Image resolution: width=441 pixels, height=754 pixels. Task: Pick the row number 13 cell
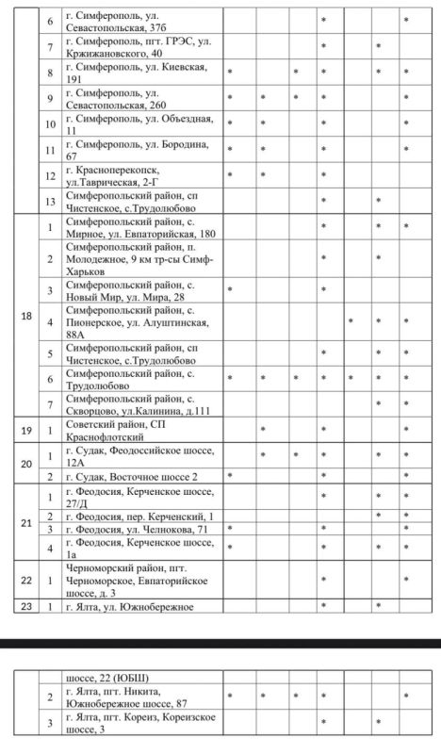click(x=51, y=200)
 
